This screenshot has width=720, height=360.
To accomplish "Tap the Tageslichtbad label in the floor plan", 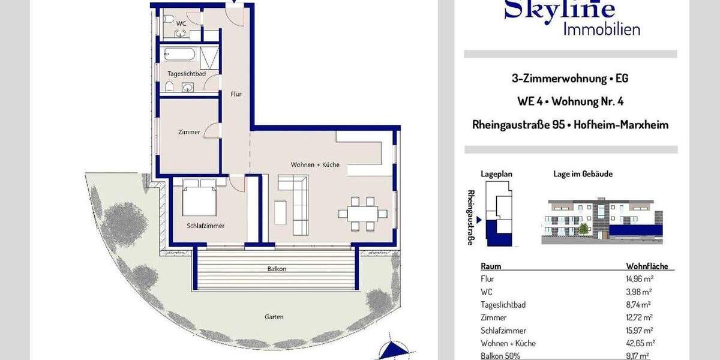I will tap(187, 73).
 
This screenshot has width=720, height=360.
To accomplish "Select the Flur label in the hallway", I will tap(236, 94).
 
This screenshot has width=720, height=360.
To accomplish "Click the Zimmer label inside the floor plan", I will tap(189, 132).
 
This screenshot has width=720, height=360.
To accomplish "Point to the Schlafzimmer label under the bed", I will tap(205, 226).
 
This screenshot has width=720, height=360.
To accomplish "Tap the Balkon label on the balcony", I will tap(277, 269).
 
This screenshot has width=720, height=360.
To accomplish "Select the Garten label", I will tap(274, 317).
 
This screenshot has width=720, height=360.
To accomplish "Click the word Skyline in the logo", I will tap(559, 9).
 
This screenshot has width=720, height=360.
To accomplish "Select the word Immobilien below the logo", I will tap(601, 28).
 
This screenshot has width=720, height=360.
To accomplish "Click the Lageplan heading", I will tap(496, 174).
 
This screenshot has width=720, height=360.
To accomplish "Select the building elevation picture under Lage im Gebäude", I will tap(602, 220).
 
